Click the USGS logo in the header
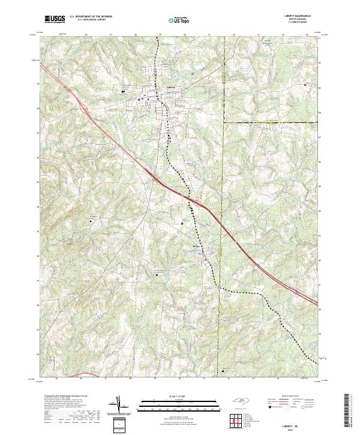point(55,19)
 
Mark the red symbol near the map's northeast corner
point(305,85)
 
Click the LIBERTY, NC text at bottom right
point(299,420)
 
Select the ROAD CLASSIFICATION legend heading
point(289,396)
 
